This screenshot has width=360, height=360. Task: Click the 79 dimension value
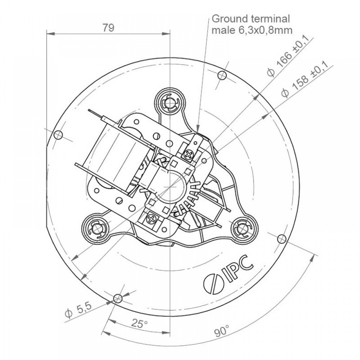[x=108, y=28]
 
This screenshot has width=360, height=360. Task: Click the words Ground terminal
[x=251, y=19]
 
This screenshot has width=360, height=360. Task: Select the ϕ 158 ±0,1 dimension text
[x=304, y=80]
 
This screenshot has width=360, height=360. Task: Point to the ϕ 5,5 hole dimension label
[x=78, y=310]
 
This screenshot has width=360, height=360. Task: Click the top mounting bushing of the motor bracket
[x=170, y=102]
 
